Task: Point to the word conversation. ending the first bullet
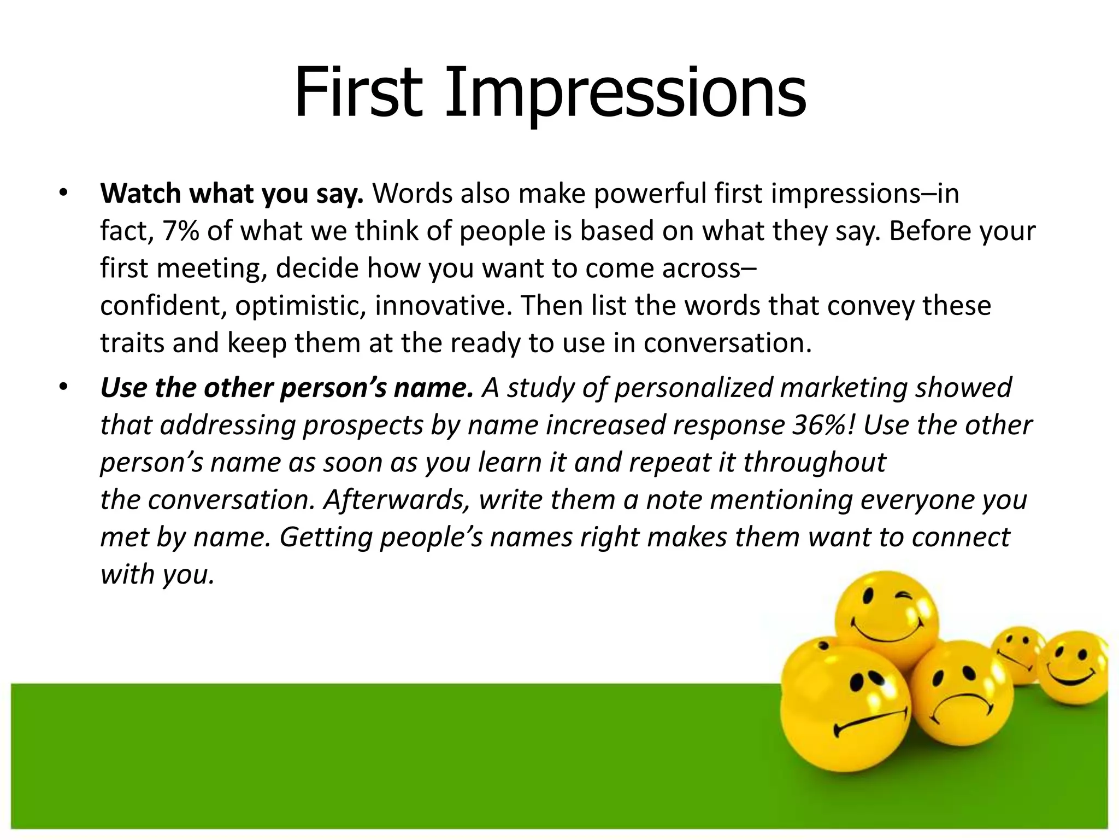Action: tap(727, 343)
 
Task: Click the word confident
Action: tap(163, 306)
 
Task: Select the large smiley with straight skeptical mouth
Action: tap(844, 705)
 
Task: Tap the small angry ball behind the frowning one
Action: tap(1017, 654)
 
